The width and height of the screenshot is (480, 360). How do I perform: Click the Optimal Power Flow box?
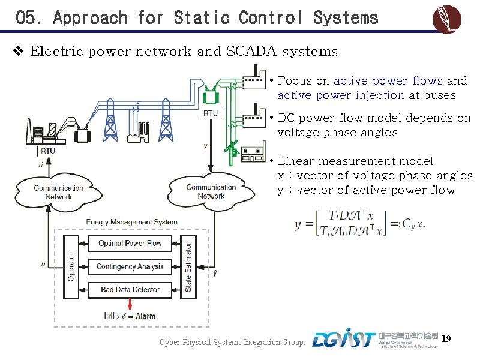tap(130, 244)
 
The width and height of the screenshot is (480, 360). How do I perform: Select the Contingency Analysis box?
tap(130, 266)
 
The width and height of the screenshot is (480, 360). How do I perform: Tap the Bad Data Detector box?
tap(130, 290)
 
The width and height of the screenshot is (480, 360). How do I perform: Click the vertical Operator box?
tap(71, 267)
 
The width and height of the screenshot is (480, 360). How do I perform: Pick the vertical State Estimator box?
tap(188, 267)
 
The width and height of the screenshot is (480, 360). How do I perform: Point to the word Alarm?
tap(145, 316)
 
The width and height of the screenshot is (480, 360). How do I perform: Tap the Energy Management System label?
tap(132, 222)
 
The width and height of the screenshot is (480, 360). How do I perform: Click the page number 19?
tap(446, 340)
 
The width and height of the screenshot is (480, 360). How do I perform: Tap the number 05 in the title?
tap(28, 18)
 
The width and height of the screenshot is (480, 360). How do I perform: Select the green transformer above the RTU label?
tap(211, 95)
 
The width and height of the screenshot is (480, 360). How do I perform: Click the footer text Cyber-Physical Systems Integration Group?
tap(232, 343)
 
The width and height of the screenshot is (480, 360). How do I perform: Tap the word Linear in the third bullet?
tap(296, 161)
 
